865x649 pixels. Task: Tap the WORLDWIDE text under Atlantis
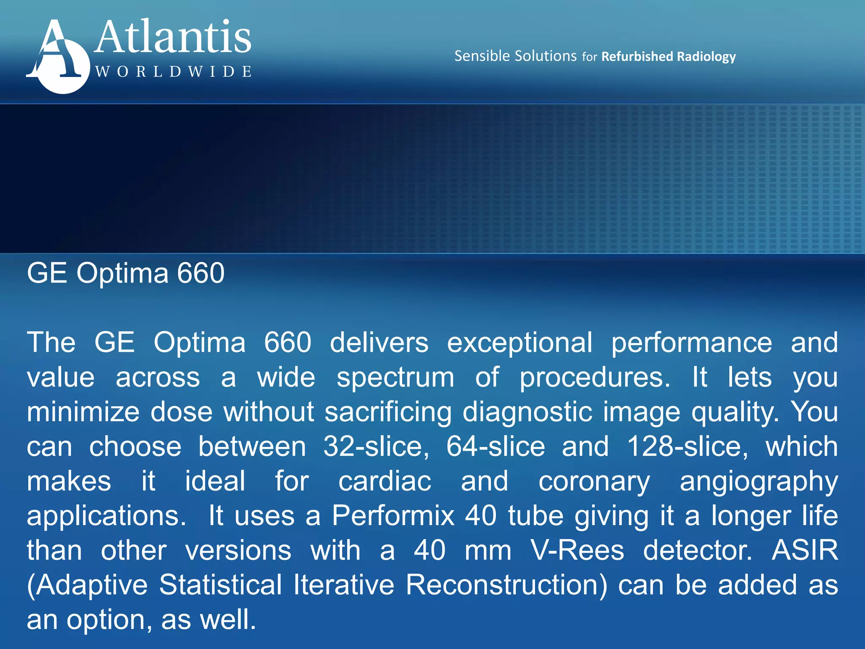(x=173, y=71)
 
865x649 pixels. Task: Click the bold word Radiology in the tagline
(x=706, y=57)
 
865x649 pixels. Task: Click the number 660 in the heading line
(x=201, y=273)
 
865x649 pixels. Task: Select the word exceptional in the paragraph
(x=520, y=342)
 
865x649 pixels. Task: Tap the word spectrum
(x=395, y=377)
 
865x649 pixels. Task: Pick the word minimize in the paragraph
(x=83, y=412)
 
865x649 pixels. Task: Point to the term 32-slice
(x=376, y=447)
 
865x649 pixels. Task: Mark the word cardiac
(x=385, y=482)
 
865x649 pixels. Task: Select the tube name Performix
(x=393, y=516)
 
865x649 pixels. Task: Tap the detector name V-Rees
(x=577, y=551)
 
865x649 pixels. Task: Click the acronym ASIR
(x=805, y=551)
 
